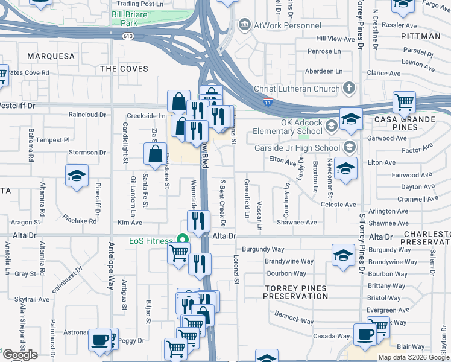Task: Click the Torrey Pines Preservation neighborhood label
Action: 296,292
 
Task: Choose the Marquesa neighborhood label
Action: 51,56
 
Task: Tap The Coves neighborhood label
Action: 124,69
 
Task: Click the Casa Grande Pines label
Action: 413,124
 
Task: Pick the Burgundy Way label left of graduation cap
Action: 263,249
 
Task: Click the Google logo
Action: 20,355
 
